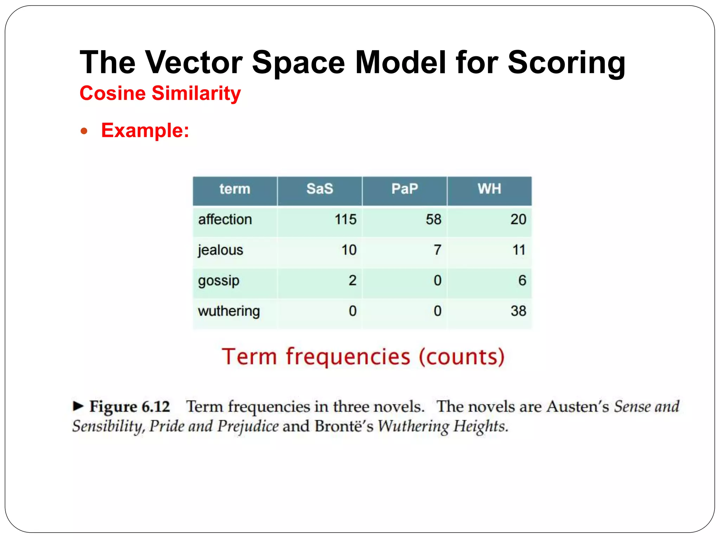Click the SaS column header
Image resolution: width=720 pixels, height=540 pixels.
(320, 189)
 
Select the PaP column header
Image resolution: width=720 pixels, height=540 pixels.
(405, 189)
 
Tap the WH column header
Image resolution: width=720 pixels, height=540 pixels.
(489, 189)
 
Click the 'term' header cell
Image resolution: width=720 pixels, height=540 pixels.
(235, 189)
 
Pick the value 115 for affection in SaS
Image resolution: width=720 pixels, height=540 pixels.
(345, 220)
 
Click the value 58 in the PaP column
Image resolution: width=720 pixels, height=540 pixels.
(433, 220)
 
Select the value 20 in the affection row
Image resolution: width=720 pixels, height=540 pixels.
(518, 220)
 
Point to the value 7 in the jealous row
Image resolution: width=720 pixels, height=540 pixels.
(437, 250)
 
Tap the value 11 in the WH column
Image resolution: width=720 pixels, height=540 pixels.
(519, 250)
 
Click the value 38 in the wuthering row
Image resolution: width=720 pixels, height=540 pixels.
(518, 311)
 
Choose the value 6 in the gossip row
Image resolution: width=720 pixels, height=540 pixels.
(522, 281)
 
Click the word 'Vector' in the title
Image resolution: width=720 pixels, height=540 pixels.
(194, 63)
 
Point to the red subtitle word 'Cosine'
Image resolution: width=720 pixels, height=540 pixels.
(112, 94)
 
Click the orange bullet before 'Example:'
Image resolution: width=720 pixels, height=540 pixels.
(84, 131)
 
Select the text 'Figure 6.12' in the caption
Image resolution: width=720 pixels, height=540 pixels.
(129, 407)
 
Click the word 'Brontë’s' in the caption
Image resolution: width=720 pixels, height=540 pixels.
(343, 426)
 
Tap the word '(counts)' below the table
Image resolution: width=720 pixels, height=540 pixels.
(461, 357)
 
